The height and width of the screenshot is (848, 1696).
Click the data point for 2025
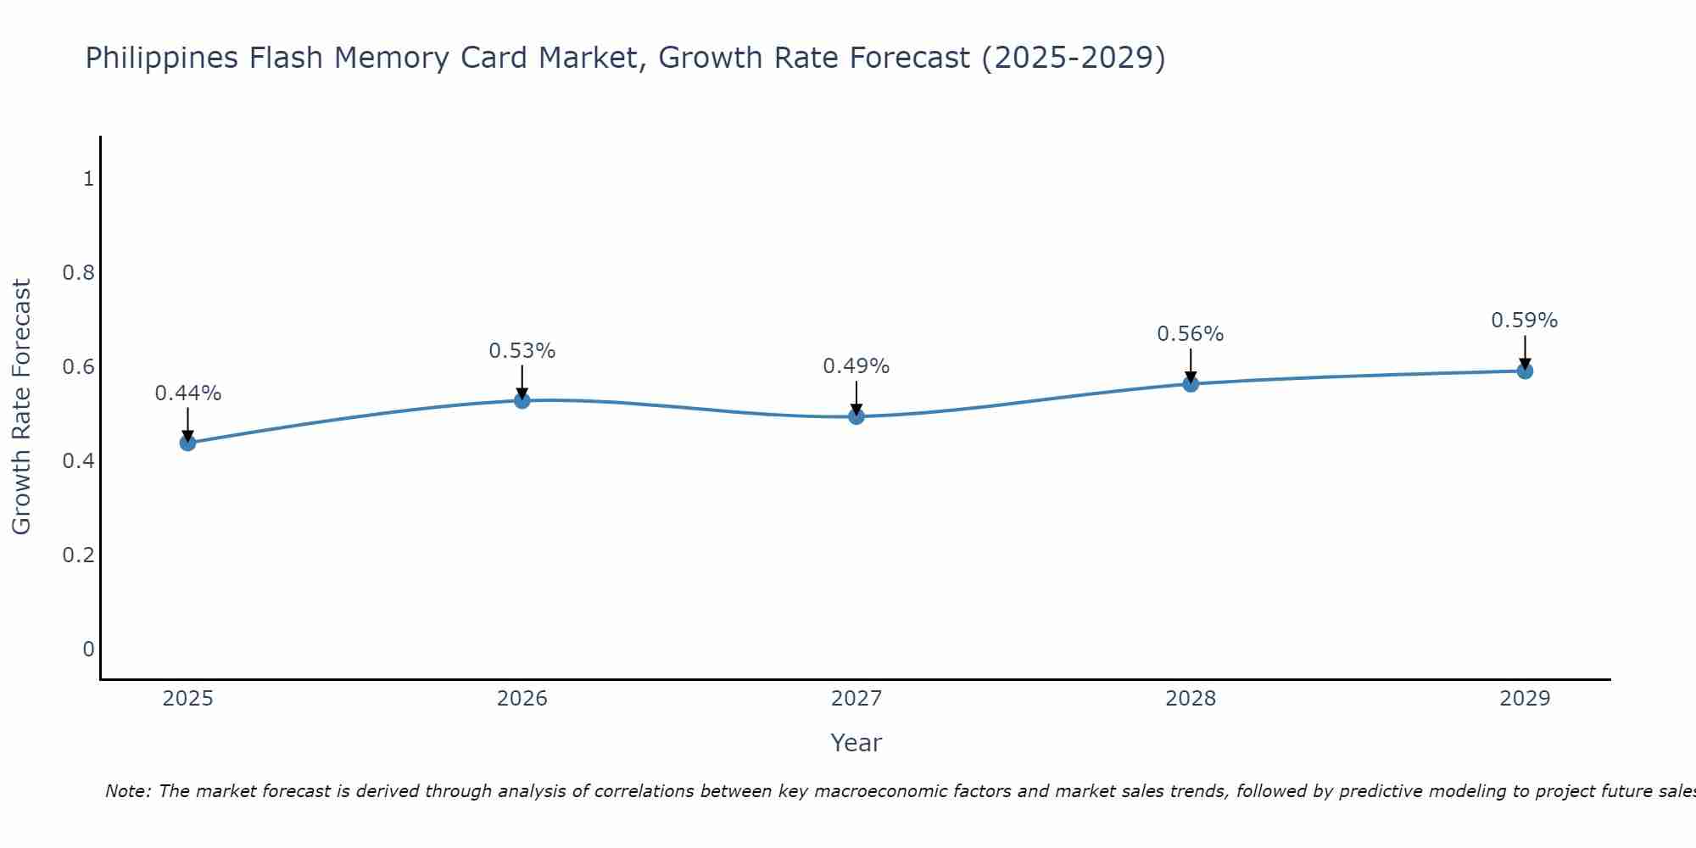pyautogui.click(x=187, y=443)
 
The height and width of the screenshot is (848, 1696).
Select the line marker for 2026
pyautogui.click(x=522, y=400)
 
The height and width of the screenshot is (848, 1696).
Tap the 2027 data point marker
pyautogui.click(x=856, y=416)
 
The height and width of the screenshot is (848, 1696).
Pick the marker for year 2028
pyautogui.click(x=1191, y=384)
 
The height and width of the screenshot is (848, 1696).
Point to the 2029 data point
pyautogui.click(x=1525, y=371)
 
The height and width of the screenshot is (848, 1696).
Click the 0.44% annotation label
pyautogui.click(x=187, y=393)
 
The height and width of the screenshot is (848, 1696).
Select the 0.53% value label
pyautogui.click(x=522, y=351)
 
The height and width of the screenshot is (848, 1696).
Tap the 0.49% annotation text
pyautogui.click(x=856, y=366)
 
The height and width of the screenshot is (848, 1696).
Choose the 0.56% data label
pyautogui.click(x=1191, y=334)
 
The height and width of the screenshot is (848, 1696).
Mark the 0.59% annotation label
pyautogui.click(x=1525, y=321)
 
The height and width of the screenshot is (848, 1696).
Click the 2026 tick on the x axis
pyautogui.click(x=522, y=699)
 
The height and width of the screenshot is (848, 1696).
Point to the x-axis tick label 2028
pyautogui.click(x=1191, y=699)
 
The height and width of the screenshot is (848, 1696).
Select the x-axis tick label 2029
pyautogui.click(x=1525, y=699)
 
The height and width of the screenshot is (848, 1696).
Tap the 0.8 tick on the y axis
pyautogui.click(x=78, y=273)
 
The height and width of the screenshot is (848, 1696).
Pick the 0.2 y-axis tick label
pyautogui.click(x=78, y=555)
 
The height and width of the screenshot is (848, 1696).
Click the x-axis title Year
pyautogui.click(x=856, y=743)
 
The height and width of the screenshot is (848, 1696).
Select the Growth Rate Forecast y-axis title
pyautogui.click(x=22, y=407)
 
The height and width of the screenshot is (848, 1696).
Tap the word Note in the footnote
pyautogui.click(x=127, y=791)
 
